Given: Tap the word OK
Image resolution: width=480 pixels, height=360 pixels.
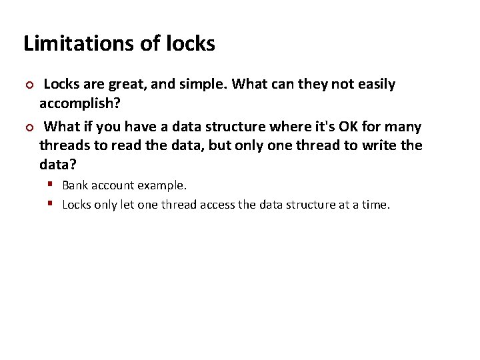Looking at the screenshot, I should pos(350,127).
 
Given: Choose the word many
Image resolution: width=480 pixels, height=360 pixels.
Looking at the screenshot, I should pos(403,127).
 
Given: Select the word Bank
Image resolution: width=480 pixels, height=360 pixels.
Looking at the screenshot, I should pos(75,185).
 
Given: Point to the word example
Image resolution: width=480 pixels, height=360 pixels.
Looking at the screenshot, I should pos(164,185).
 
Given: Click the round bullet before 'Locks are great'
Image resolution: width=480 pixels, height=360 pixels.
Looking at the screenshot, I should pos(28,85).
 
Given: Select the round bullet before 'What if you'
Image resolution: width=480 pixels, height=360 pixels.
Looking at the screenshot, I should pos(28,127).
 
